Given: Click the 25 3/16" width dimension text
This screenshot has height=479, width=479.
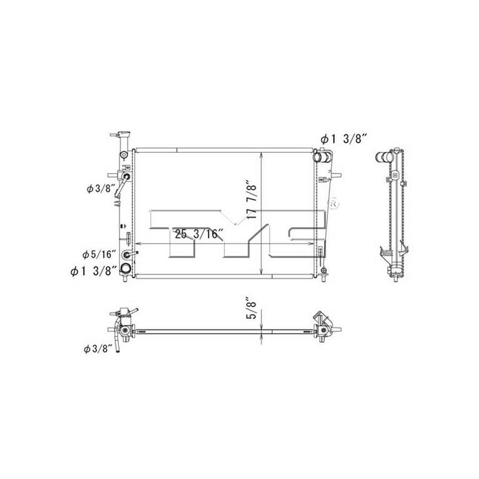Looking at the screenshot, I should point(199,235).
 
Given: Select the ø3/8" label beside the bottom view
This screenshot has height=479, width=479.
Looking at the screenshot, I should point(98,349).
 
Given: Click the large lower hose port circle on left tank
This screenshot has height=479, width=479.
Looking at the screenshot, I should point(125,269).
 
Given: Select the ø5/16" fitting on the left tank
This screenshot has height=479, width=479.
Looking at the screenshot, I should point(127,254).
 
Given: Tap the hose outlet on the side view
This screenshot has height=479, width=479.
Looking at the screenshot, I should point(383,156).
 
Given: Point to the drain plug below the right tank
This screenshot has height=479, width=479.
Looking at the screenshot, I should point(324,274).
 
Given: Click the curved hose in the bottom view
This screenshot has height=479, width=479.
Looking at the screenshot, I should point(117,335).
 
